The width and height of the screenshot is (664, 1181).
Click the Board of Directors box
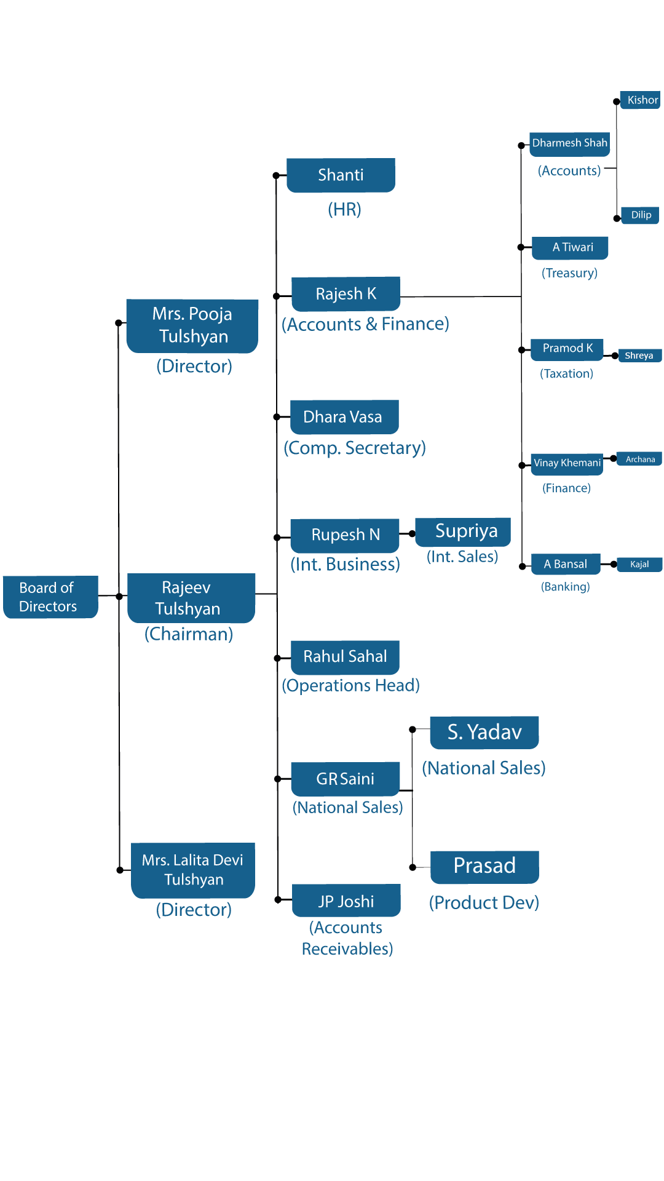[x=50, y=597]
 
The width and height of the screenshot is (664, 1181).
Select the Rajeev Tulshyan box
[x=191, y=598]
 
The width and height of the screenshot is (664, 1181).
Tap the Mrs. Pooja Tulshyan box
[x=192, y=325]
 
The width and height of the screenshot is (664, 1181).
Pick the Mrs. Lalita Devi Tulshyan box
[x=193, y=870]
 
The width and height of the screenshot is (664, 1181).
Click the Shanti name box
[x=341, y=175]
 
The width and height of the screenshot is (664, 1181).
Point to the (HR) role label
[x=344, y=210]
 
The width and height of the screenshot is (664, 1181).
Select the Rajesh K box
[x=346, y=293]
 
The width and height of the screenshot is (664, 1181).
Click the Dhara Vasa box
[x=344, y=417]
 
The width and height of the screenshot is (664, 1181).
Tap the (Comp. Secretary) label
[x=355, y=448]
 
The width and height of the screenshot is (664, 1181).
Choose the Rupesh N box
[x=345, y=535]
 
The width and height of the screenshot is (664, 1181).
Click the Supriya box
[x=464, y=531]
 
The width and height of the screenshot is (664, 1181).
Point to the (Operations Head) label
[x=350, y=685]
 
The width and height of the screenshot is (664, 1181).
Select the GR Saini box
[x=345, y=779]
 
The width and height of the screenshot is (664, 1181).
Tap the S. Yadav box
[x=484, y=732]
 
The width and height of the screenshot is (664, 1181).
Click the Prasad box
[x=484, y=866]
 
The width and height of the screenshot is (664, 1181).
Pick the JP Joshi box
[x=346, y=901]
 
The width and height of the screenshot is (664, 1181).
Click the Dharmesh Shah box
[x=569, y=143]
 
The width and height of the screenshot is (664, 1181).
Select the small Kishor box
[x=641, y=100]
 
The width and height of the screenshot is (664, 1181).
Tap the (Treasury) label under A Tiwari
[x=569, y=273]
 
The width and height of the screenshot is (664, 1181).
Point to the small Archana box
[x=639, y=459]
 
